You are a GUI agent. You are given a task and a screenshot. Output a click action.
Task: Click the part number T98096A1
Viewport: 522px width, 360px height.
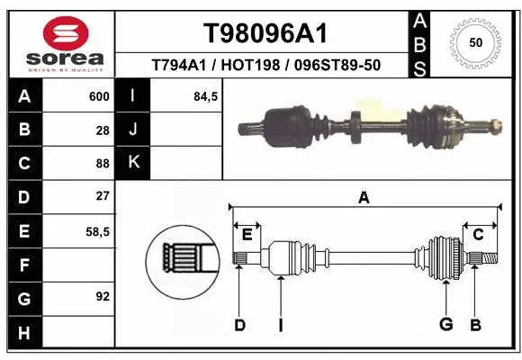(x=264, y=33)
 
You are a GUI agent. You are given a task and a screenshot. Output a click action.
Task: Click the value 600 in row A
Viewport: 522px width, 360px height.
(x=99, y=96)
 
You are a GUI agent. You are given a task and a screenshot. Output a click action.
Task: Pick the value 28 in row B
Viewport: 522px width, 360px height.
(x=102, y=130)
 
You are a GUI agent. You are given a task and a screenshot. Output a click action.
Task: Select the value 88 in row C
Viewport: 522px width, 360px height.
(x=102, y=163)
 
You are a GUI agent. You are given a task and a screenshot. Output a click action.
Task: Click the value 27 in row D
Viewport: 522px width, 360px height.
(x=102, y=196)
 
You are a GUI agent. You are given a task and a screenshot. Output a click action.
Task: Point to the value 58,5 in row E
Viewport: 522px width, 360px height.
(x=97, y=230)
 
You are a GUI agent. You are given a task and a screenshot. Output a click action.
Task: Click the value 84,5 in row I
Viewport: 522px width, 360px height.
(x=206, y=96)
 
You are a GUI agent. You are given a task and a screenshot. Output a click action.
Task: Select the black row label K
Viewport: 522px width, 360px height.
(x=133, y=163)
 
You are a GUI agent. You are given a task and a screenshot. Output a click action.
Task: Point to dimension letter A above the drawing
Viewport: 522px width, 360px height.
(x=364, y=197)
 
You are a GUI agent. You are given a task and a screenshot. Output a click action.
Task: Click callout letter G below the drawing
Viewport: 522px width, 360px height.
(x=445, y=325)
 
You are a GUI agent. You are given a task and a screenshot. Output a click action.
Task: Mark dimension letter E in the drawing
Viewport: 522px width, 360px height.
(x=247, y=235)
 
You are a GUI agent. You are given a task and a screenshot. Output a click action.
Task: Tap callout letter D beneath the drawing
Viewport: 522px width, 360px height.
(x=239, y=325)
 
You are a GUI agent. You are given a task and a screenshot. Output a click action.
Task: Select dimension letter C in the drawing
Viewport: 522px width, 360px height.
(x=479, y=235)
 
